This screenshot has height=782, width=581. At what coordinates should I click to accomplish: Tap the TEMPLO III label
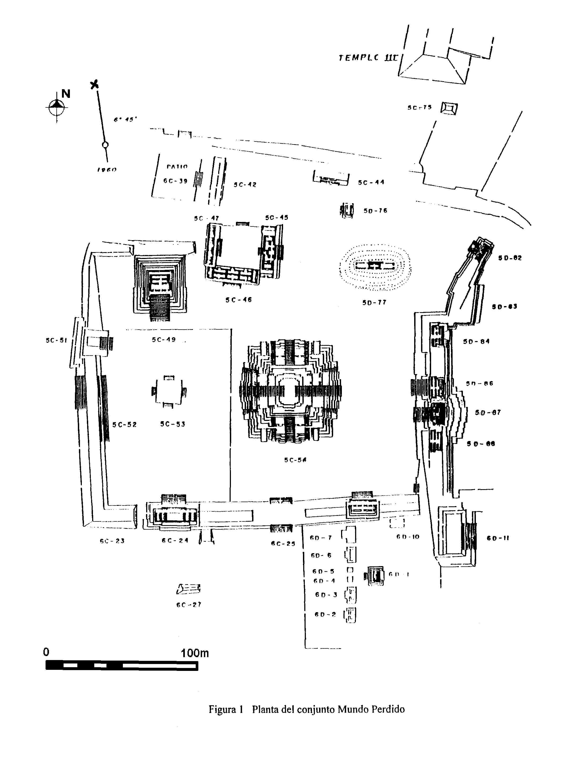pyautogui.click(x=369, y=58)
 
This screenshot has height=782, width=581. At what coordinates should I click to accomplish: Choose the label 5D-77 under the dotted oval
pyautogui.click(x=374, y=302)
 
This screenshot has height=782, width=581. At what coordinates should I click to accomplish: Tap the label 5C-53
pyautogui.click(x=172, y=424)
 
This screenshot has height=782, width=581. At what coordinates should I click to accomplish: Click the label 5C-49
pyautogui.click(x=164, y=340)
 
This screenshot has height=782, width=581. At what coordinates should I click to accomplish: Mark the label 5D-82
pyautogui.click(x=510, y=258)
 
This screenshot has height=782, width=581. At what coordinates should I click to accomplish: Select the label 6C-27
pyautogui.click(x=189, y=604)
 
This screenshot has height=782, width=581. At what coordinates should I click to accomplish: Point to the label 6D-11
pyautogui.click(x=498, y=538)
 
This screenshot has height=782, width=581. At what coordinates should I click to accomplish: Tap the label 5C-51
pyautogui.click(x=56, y=340)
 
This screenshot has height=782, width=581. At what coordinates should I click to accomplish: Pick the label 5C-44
pyautogui.click(x=371, y=182)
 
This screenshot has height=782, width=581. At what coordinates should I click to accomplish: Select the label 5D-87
pyautogui.click(x=488, y=412)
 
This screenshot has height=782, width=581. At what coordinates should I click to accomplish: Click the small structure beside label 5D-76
pyautogui.click(x=347, y=211)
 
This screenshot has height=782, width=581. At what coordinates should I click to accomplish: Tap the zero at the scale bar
pyautogui.click(x=46, y=652)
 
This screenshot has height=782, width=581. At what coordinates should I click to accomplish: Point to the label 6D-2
pyautogui.click(x=325, y=615)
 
